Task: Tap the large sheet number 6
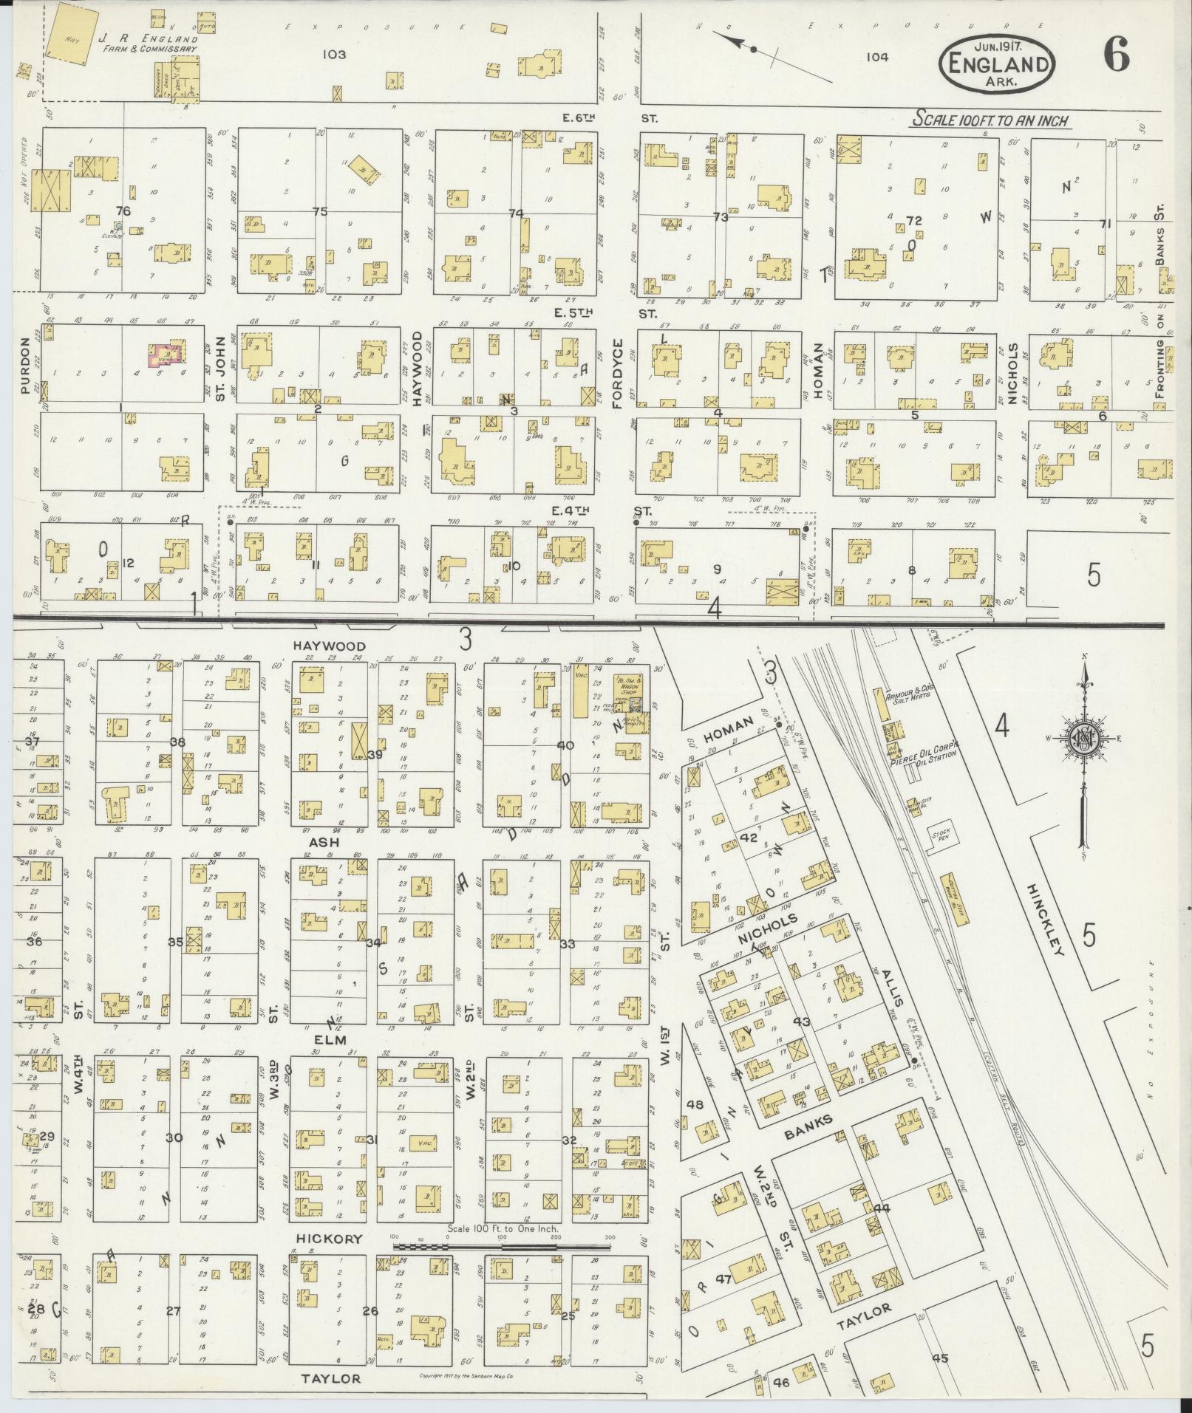click(1117, 55)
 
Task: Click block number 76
click(123, 211)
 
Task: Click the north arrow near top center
click(752, 49)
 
